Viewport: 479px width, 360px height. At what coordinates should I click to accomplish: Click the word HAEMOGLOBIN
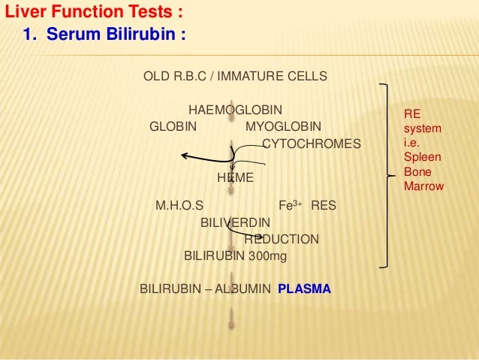tap(235, 110)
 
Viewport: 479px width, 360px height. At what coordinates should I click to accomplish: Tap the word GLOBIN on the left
tap(173, 126)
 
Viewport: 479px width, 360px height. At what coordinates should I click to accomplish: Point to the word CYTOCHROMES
tap(310, 143)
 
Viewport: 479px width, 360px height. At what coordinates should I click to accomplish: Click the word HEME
tap(235, 178)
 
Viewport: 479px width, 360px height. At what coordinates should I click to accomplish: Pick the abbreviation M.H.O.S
tap(179, 204)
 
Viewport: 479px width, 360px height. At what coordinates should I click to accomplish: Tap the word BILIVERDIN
tap(235, 222)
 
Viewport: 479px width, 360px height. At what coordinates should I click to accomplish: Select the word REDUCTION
tap(281, 239)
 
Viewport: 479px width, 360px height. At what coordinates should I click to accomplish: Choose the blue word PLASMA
tap(303, 288)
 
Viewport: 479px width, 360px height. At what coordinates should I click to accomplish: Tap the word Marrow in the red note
tap(423, 186)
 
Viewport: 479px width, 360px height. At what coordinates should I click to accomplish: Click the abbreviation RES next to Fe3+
tap(324, 204)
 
